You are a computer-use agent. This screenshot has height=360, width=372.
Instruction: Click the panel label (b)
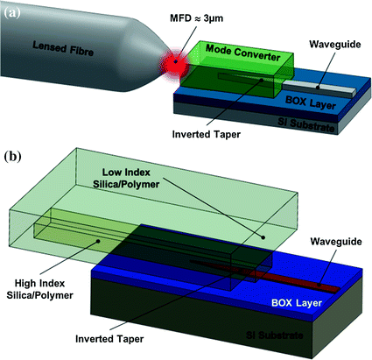pos(14,161)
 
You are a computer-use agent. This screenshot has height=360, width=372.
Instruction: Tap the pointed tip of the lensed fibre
pos(175,69)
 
